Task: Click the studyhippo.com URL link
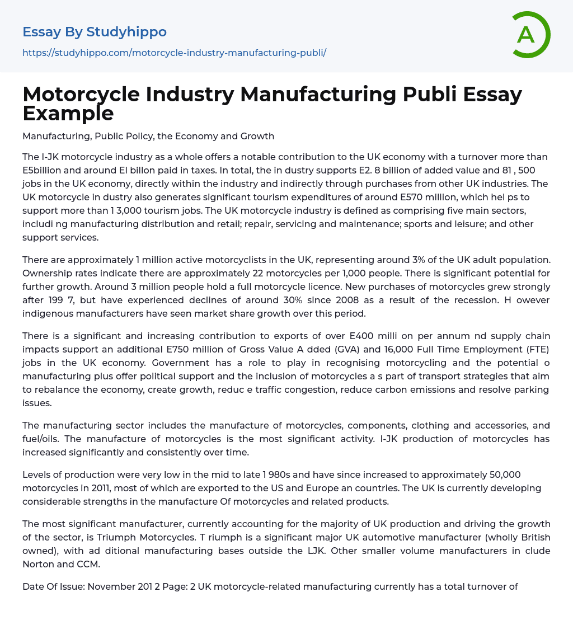click(x=174, y=53)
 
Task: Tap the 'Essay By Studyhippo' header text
click(x=95, y=32)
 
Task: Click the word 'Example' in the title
click(x=68, y=113)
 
